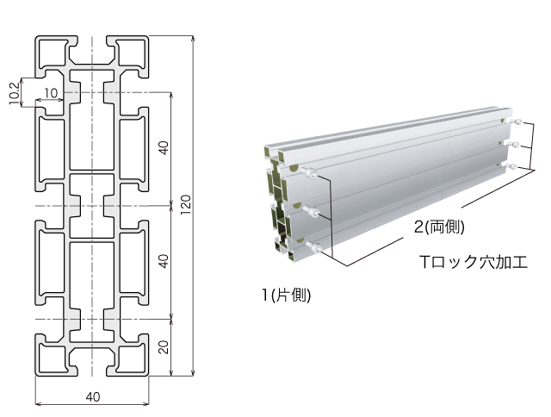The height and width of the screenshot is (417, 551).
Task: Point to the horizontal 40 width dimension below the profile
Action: (x=93, y=396)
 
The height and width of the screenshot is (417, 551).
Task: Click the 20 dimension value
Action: (x=164, y=347)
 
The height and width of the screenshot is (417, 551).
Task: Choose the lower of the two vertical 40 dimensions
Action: (x=164, y=262)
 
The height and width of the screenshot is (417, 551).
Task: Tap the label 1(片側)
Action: (x=286, y=296)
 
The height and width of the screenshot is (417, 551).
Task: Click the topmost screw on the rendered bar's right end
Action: (x=519, y=120)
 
